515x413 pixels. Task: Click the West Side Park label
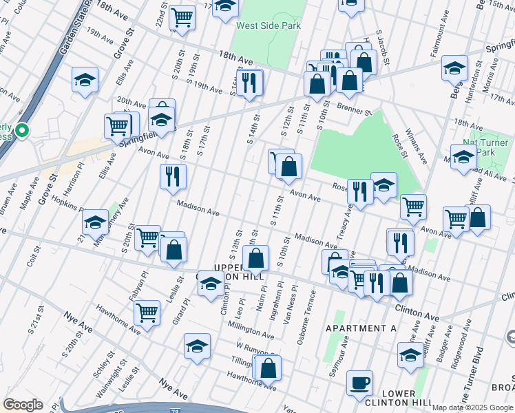point(268,26)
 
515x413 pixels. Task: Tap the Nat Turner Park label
point(490,147)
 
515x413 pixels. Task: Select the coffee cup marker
point(359,383)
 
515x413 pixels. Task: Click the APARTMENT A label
point(361,328)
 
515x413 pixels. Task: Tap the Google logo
point(22,405)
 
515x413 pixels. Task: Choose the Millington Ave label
point(252,325)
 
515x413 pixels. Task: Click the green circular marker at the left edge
point(22,129)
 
